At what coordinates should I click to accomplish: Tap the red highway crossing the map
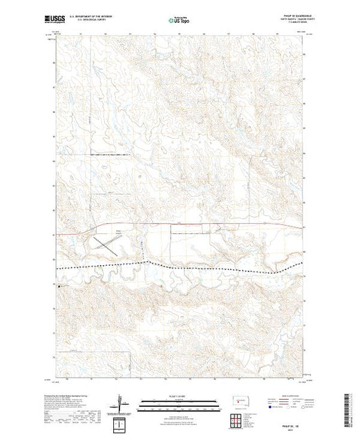click(207, 226)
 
